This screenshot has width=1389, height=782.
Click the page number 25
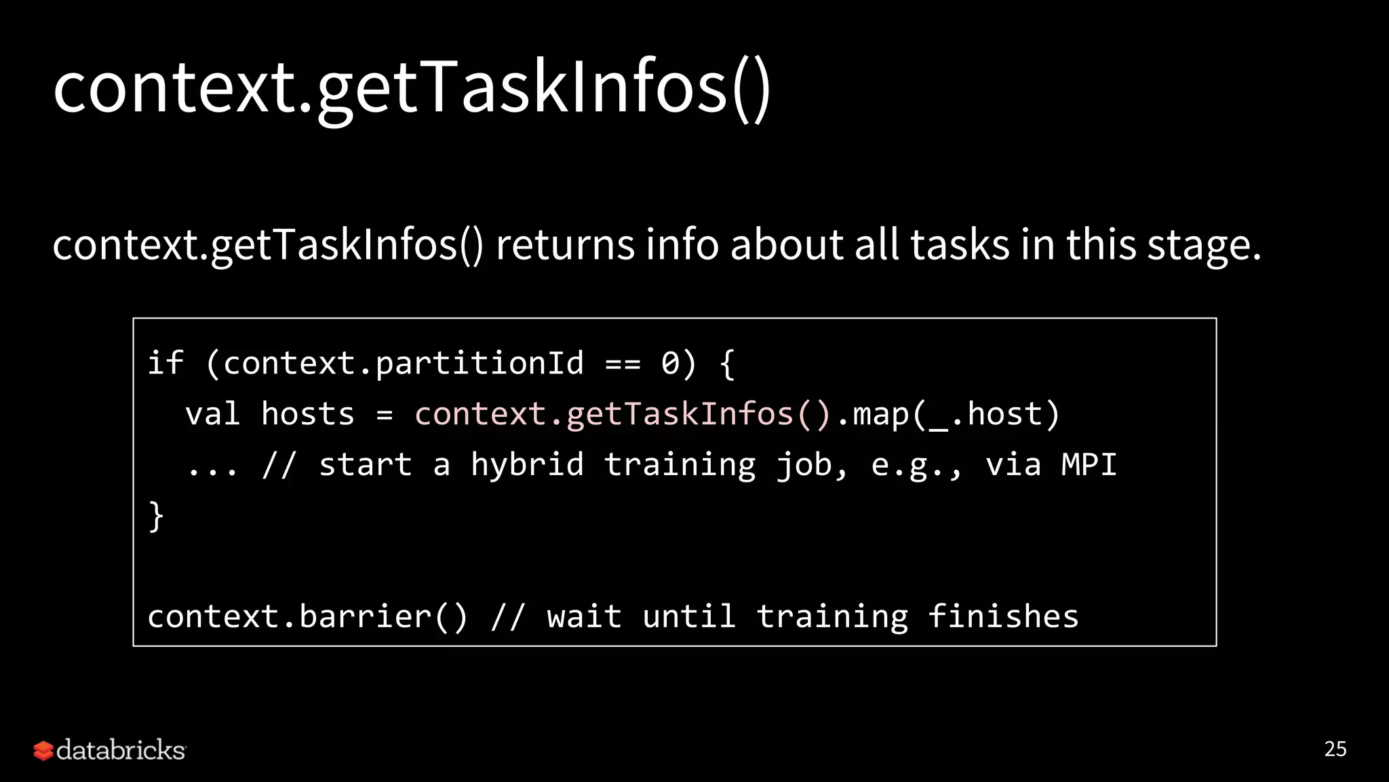[1335, 749]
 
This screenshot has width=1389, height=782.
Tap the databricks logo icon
[43, 750]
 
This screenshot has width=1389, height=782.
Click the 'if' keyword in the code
[165, 363]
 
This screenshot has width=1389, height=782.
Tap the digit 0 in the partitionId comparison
[670, 363]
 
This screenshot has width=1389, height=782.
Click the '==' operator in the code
[623, 364]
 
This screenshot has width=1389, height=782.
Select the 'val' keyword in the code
[212, 414]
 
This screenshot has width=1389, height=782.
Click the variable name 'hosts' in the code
[307, 414]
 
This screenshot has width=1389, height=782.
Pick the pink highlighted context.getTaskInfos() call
[623, 414]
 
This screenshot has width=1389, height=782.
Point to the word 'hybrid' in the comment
[527, 465]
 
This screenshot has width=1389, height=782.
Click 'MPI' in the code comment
[1089, 465]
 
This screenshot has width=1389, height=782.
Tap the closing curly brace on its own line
[156, 516]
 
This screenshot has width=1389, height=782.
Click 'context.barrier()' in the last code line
[307, 616]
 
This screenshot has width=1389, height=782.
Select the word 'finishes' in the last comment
[1002, 616]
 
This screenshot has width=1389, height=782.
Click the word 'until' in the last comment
[688, 616]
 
